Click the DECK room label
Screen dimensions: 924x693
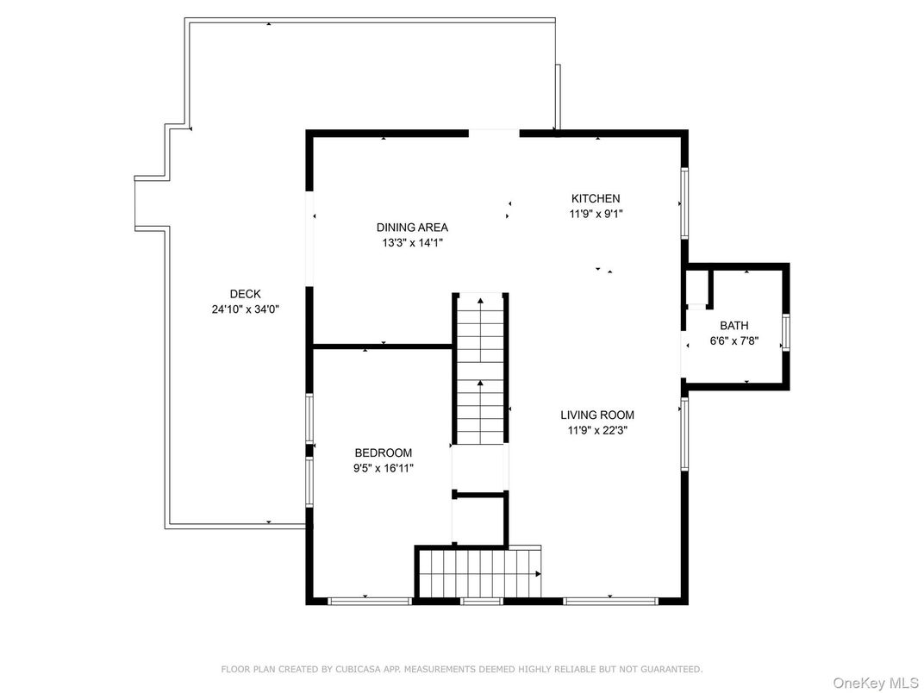pos(245,294)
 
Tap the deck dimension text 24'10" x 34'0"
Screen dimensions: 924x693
pos(245,309)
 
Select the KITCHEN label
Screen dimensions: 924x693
pos(596,198)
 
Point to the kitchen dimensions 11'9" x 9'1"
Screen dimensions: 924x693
pos(596,214)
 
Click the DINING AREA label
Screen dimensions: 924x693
pos(413,228)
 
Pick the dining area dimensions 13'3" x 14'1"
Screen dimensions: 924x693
pos(413,242)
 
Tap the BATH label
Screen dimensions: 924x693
pos(734,325)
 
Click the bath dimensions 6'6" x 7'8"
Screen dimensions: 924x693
pos(734,340)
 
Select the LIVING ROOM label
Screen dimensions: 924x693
pos(597,415)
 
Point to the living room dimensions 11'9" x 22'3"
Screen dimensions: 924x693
pos(597,430)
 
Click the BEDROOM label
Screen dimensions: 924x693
pos(383,453)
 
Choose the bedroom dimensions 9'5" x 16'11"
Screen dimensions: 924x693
pos(383,469)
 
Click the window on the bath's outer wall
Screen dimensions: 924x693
pos(786,333)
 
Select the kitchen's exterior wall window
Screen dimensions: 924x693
pos(684,204)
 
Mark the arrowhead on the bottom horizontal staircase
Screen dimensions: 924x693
pos(538,574)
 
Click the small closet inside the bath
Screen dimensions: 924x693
pos(697,288)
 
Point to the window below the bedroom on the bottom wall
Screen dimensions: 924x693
pos(370,601)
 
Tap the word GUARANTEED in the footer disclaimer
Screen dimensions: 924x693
pos(671,670)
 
